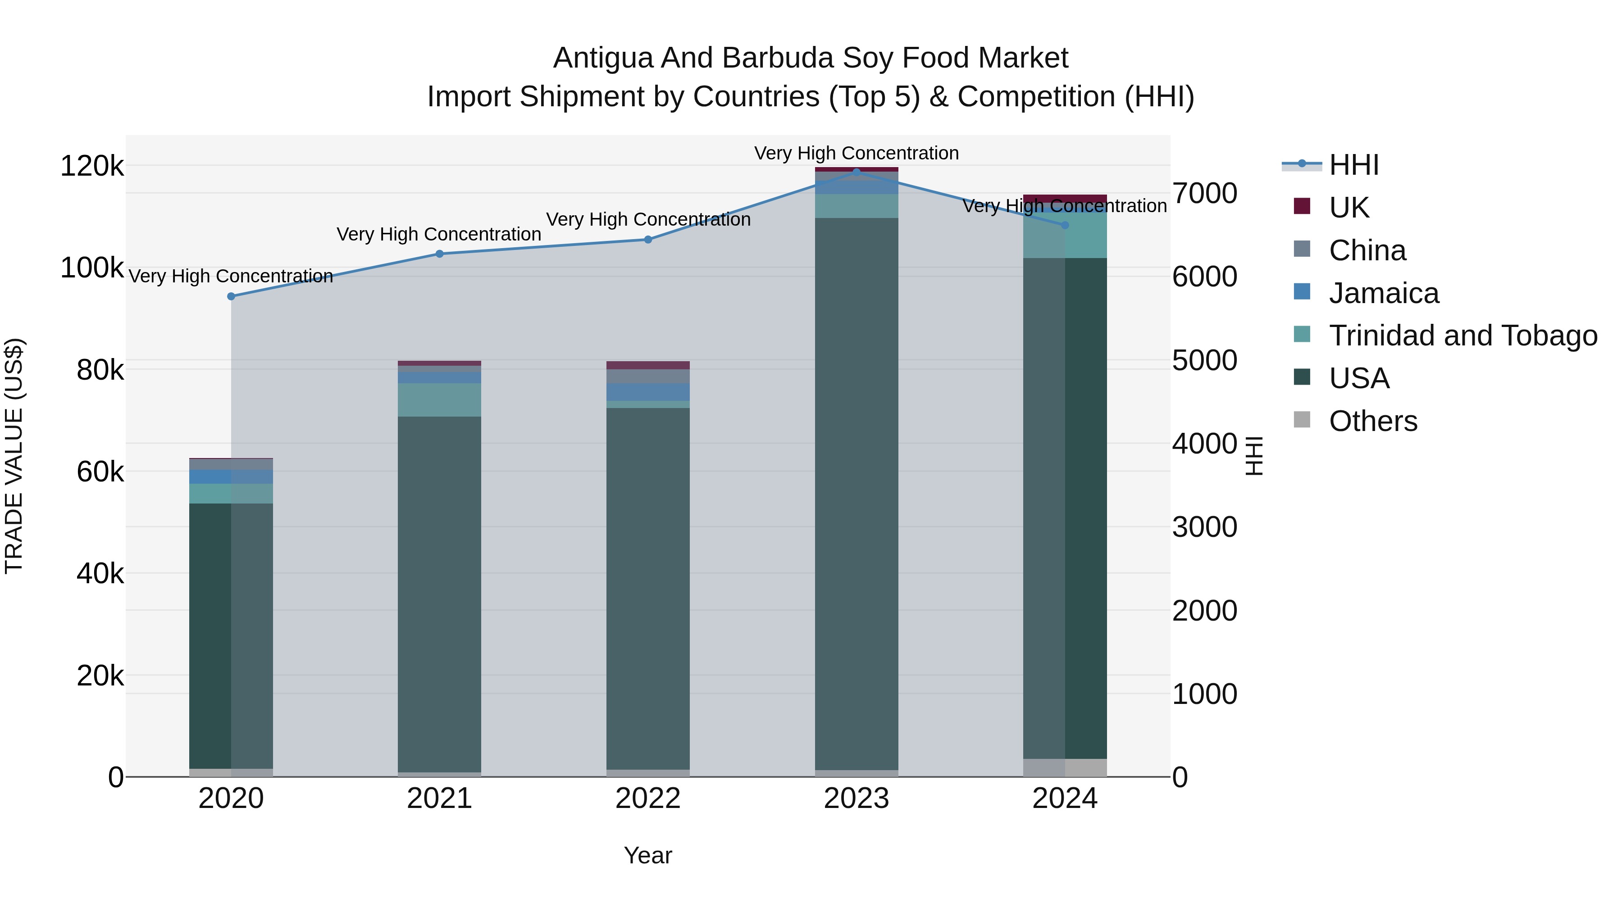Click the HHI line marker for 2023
click(x=857, y=171)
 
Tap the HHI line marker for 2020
click(x=231, y=296)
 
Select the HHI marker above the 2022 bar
click(x=648, y=239)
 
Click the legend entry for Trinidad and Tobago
click(x=1463, y=336)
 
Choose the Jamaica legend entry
click(x=1383, y=293)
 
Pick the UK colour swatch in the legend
click(x=1302, y=206)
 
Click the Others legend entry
click(x=1373, y=421)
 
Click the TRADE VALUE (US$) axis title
click(x=14, y=456)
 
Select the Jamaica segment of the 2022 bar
click(x=648, y=392)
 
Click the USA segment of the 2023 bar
click(x=857, y=491)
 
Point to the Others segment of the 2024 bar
click(x=1065, y=767)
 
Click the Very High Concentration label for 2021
click(x=439, y=234)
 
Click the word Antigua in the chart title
click(x=602, y=59)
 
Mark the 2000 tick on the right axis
click(x=1204, y=611)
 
